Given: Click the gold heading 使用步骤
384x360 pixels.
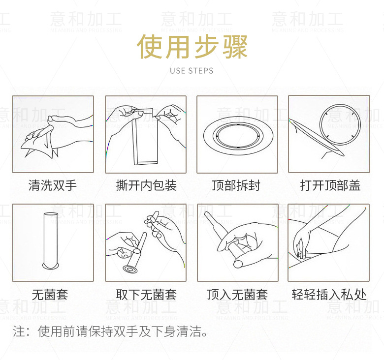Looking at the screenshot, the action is pyautogui.click(x=192, y=46).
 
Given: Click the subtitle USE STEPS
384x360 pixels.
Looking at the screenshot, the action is pyautogui.click(x=192, y=71).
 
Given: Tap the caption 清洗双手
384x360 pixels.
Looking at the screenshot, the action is pyautogui.click(x=53, y=185).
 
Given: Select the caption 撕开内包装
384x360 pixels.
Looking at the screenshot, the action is pyautogui.click(x=146, y=185).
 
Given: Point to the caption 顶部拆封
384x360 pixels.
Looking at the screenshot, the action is pyautogui.click(x=236, y=185).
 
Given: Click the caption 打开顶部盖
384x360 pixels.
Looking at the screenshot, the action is pyautogui.click(x=330, y=185).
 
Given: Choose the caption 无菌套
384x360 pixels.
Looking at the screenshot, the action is pyautogui.click(x=50, y=295).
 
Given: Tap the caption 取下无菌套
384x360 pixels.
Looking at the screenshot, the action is pyautogui.click(x=146, y=295).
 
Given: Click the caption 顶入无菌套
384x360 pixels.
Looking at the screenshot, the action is pyautogui.click(x=237, y=295).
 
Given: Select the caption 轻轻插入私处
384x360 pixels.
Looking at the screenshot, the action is pyautogui.click(x=329, y=295).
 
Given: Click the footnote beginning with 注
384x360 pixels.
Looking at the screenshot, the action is pyautogui.click(x=110, y=331).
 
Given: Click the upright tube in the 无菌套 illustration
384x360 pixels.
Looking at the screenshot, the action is pyautogui.click(x=51, y=241).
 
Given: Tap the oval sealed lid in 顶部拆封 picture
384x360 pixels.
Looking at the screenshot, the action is pyautogui.click(x=238, y=135).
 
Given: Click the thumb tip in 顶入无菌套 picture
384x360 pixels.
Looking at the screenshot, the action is pyautogui.click(x=238, y=264).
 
